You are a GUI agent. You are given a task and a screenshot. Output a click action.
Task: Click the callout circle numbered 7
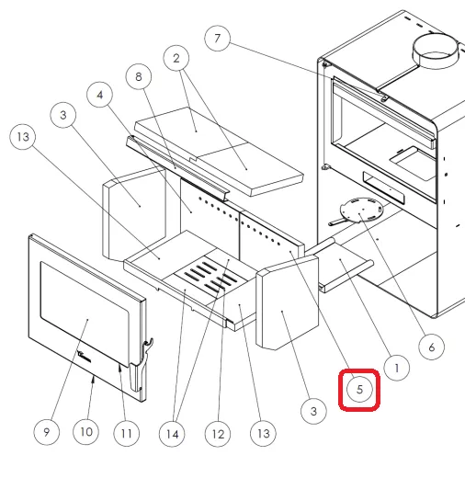217,39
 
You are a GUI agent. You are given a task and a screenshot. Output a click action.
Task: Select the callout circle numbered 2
176,58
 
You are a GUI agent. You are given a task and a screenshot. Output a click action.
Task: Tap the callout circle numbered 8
139,76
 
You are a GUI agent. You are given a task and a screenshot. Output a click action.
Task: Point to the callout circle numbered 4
99,95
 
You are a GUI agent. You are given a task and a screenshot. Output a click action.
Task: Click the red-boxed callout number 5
359,390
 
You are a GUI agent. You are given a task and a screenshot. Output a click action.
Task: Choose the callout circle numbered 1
397,368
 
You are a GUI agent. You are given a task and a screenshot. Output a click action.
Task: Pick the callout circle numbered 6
431,347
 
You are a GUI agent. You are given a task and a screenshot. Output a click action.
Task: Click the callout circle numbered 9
47,432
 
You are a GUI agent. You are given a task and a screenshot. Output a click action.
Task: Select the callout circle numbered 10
86,432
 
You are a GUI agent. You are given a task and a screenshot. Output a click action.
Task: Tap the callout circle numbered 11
127,433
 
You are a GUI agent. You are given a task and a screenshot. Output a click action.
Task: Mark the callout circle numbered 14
172,434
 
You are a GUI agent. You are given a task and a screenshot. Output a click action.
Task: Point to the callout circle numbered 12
218,434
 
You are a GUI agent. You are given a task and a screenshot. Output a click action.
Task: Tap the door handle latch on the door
142,365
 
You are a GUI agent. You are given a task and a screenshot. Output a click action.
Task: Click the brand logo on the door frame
85,356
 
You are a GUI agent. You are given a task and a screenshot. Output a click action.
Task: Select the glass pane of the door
85,313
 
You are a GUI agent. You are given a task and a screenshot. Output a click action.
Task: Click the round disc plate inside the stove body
361,210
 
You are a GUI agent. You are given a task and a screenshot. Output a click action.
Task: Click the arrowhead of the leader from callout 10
94,380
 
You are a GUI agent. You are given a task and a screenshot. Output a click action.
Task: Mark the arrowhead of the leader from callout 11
119,368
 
